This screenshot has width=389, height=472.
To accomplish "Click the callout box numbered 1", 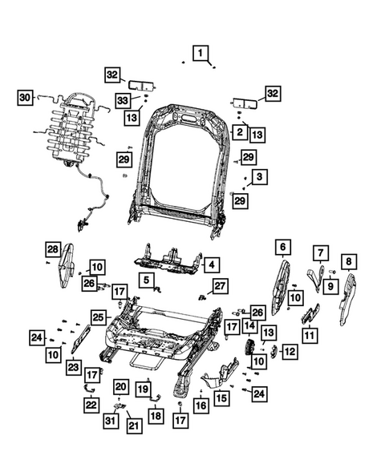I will (x=201, y=54).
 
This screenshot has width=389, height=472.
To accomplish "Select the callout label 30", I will (x=25, y=98).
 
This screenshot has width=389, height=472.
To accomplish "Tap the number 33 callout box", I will (x=123, y=100).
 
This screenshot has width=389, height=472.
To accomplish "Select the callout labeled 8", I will (x=348, y=260).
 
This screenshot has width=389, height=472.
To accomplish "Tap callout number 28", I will (x=52, y=249).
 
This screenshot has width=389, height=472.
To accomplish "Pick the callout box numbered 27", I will (x=221, y=284).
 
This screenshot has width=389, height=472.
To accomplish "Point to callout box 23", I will (x=73, y=367).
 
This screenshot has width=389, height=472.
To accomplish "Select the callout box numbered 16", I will (x=201, y=407).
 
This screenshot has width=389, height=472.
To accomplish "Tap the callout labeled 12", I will (x=290, y=350).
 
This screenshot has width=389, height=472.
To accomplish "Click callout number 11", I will (x=309, y=334).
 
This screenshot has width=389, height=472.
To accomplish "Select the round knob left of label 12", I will (x=251, y=349).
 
